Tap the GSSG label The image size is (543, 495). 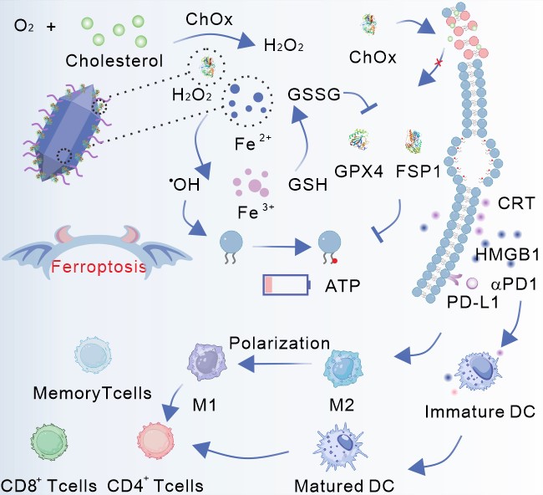(x=312, y=94)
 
